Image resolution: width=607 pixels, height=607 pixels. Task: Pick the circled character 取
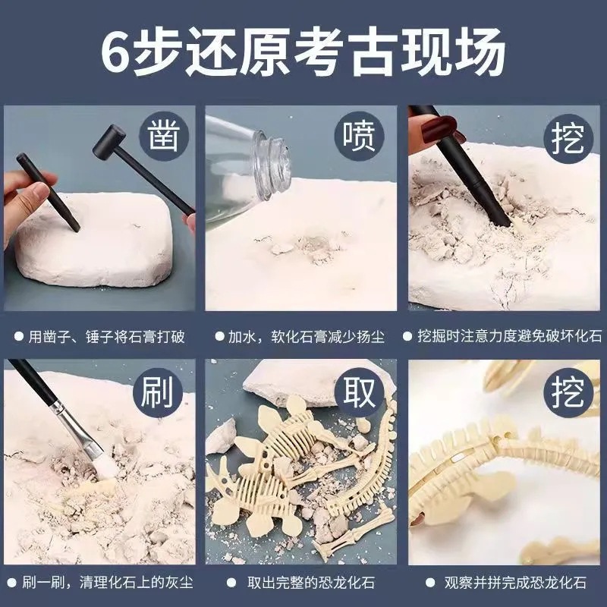coord(360,393)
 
